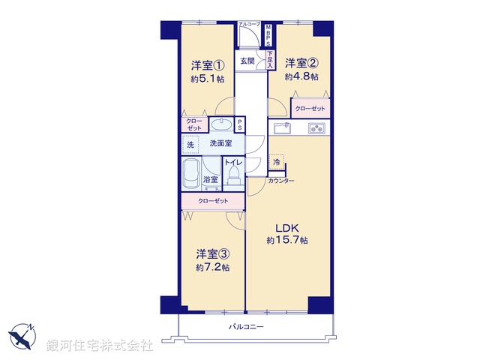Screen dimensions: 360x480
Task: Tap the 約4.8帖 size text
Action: pos(301,76)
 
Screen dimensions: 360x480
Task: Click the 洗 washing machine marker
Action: pos(190,143)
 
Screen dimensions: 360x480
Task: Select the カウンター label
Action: pos(281,182)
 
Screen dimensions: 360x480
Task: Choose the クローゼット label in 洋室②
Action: pos(310,109)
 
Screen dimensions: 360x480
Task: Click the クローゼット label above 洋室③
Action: pos(213,201)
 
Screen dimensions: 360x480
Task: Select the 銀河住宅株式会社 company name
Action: pos(100,346)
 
